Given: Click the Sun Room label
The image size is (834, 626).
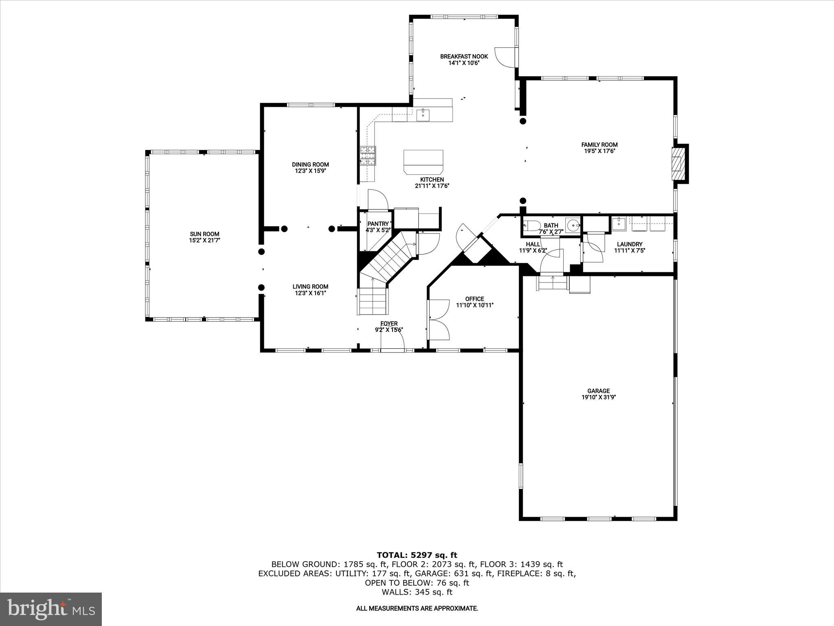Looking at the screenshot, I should pos(204,234).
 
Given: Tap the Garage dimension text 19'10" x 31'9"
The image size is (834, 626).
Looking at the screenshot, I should pos(598,397).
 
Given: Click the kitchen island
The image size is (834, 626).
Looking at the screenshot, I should pos(423,162).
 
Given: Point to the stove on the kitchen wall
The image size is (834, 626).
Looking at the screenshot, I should pos(368,156).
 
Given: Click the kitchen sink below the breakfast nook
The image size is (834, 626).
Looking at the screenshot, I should pos(423,115).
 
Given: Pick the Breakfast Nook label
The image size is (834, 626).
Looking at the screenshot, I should pos(464,57).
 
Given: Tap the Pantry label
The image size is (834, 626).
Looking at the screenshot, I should pos(378,224).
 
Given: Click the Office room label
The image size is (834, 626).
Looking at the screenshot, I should pos(474,299).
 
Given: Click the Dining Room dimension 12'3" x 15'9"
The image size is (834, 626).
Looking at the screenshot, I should pos(310,171).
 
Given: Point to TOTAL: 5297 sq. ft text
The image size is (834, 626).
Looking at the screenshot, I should pos(417,555).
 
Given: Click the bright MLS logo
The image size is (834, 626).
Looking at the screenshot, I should pos(51,609).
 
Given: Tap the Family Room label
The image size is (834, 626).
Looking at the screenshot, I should pos(599,145).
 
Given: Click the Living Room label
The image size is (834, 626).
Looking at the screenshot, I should pos(310,287).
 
